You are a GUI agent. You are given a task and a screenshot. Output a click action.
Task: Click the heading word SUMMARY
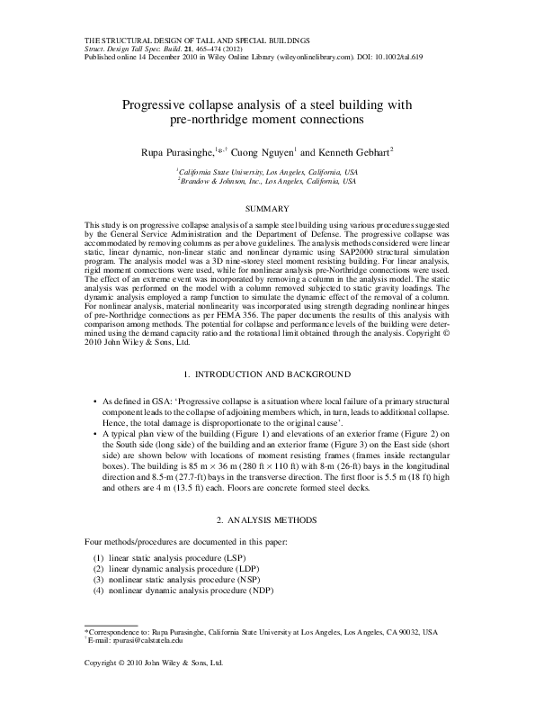pyautogui.click(x=267, y=208)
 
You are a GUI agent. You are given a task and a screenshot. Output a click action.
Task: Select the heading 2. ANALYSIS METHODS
pyautogui.click(x=267, y=520)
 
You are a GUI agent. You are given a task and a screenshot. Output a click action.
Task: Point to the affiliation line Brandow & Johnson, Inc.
pyautogui.click(x=268, y=180)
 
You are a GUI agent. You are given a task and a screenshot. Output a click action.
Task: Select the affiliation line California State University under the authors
pyautogui.click(x=268, y=170)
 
